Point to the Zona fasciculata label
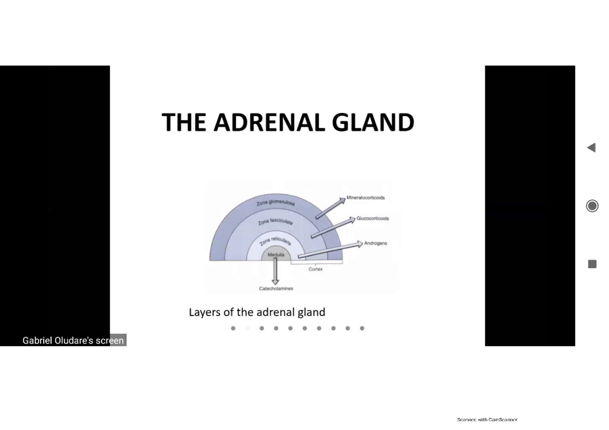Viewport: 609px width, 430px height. click(277, 222)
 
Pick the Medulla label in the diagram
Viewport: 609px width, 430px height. click(276, 255)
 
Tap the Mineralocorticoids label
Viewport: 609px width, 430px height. click(365, 197)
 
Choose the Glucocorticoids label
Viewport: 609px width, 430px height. click(373, 219)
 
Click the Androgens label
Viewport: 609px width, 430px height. click(376, 243)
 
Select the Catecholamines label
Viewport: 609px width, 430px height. click(276, 289)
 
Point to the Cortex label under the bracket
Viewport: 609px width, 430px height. click(315, 269)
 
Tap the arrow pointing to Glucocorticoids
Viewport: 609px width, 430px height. click(332, 228)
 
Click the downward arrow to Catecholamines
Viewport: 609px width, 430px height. click(276, 271)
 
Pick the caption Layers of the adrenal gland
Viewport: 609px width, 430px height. click(257, 312)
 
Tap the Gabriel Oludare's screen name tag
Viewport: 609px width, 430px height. click(73, 340)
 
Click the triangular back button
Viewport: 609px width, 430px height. click(591, 148)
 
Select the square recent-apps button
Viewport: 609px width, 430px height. click(592, 264)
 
